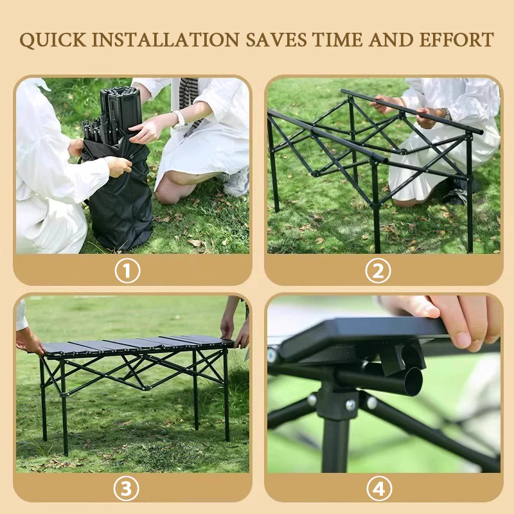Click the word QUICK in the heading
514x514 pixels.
tap(53, 40)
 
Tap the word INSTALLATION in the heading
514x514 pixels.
tap(166, 40)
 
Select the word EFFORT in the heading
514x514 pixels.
tap(457, 40)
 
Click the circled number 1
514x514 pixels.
tap(127, 270)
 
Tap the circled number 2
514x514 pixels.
tap(378, 270)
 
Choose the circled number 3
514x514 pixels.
tap(127, 489)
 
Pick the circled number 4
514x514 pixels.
tap(379, 489)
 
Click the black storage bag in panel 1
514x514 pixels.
tap(118, 193)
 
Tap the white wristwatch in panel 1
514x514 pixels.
tap(179, 120)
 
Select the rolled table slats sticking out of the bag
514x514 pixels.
tap(113, 113)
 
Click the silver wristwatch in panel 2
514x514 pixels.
tap(446, 114)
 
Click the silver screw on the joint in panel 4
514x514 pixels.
tap(350, 405)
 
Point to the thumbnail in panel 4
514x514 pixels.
tap(463, 340)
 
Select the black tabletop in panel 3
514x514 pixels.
tap(137, 344)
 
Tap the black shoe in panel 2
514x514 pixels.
tap(459, 193)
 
